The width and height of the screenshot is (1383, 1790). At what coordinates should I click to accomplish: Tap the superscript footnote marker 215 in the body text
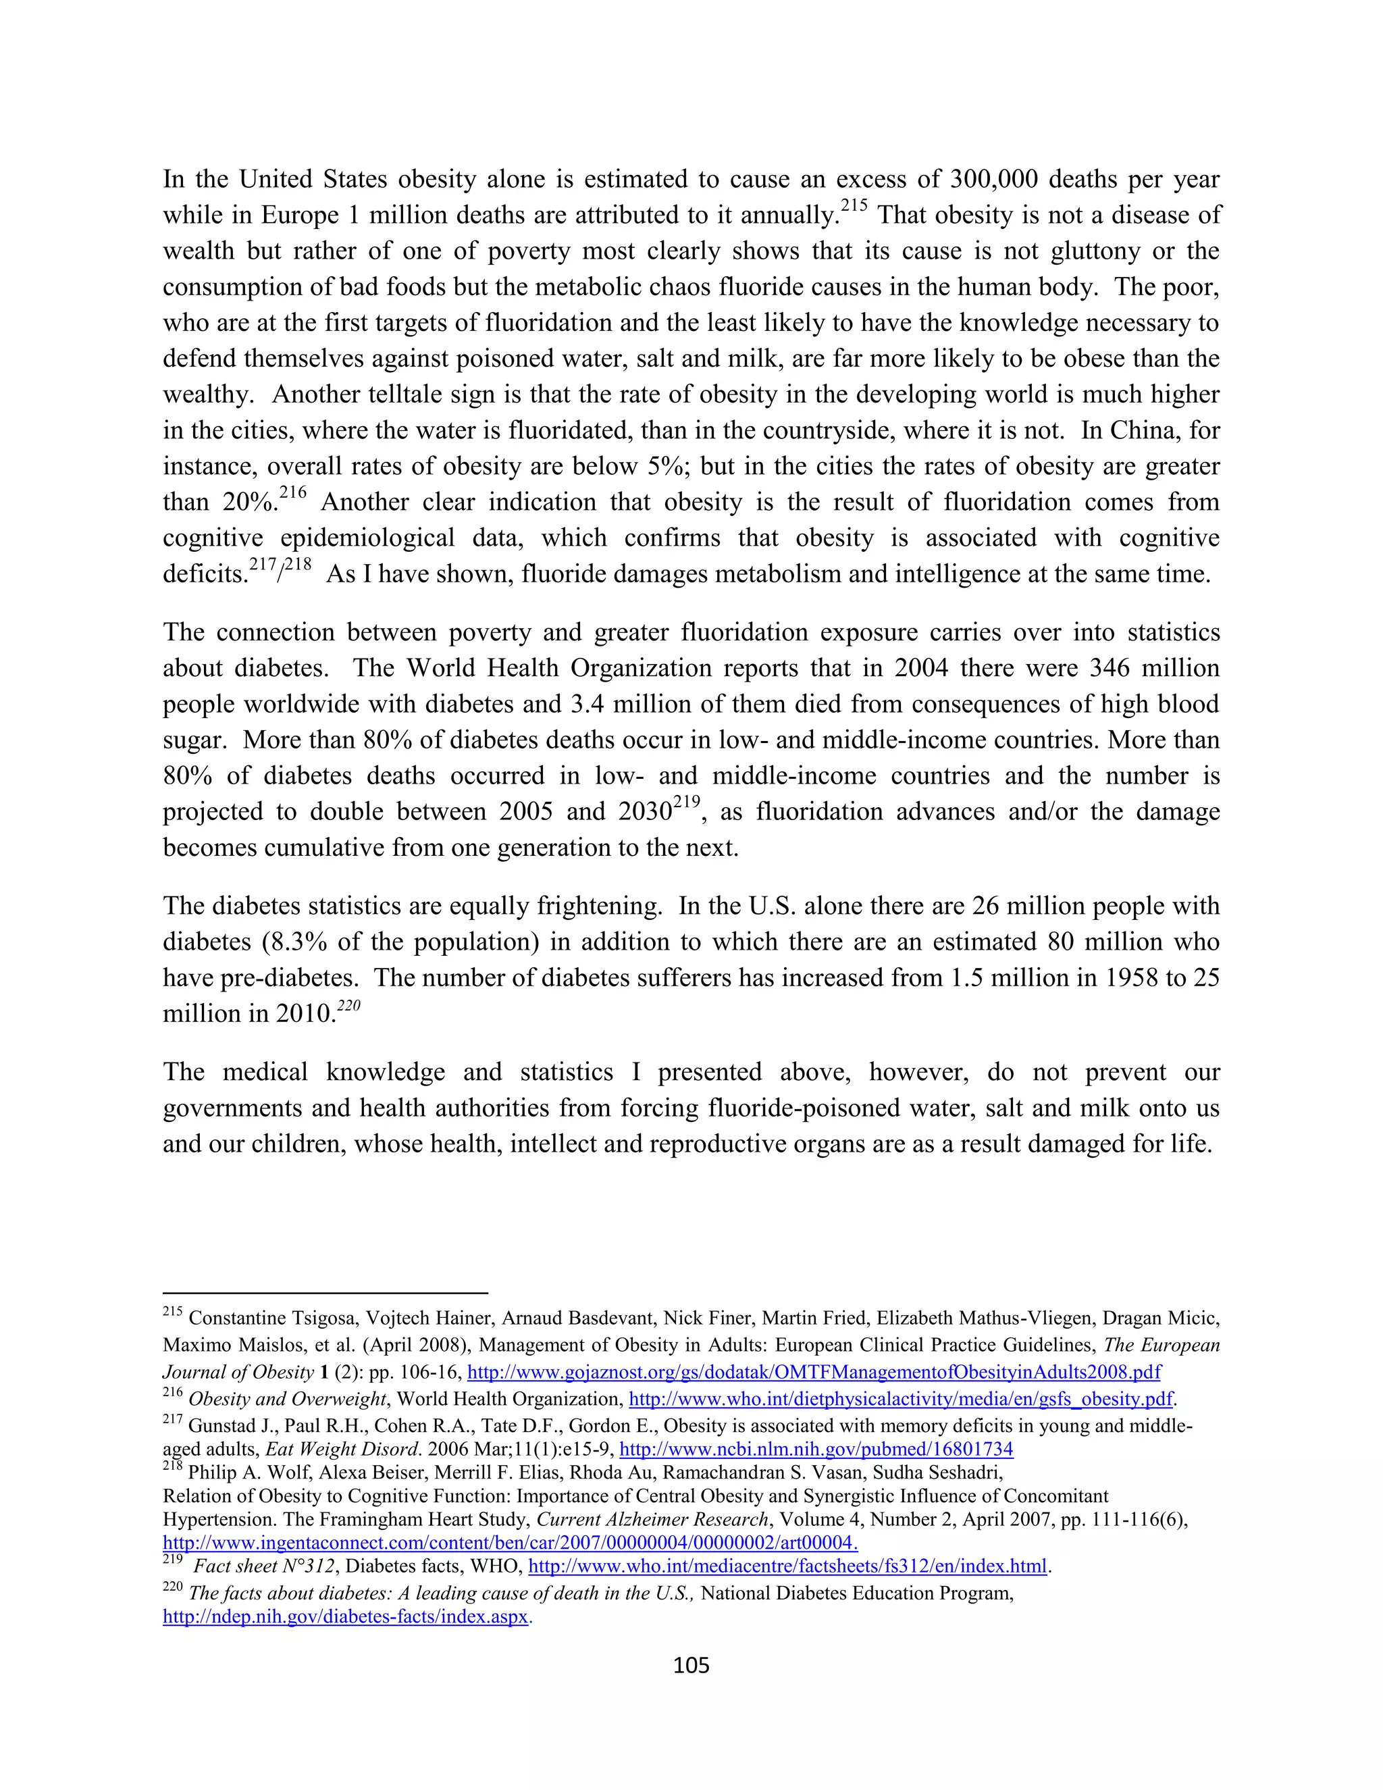pyautogui.click(x=854, y=207)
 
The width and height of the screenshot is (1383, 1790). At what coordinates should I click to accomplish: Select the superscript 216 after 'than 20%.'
pyautogui.click(x=292, y=493)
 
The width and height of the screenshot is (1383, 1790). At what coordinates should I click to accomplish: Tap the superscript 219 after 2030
pyautogui.click(x=687, y=803)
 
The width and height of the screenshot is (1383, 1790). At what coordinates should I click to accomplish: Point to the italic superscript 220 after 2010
pyautogui.click(x=349, y=1006)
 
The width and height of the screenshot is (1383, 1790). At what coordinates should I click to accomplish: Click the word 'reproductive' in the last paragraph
pyautogui.click(x=756, y=1144)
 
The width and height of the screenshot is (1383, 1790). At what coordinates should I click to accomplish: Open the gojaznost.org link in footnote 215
pyautogui.click(x=814, y=1372)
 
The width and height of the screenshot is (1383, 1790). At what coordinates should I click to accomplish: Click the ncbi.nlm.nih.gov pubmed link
pyautogui.click(x=816, y=1449)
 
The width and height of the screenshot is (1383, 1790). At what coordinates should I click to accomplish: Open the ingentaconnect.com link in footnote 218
pyautogui.click(x=510, y=1543)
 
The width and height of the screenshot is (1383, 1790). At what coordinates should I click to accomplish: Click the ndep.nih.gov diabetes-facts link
pyautogui.click(x=346, y=1617)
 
